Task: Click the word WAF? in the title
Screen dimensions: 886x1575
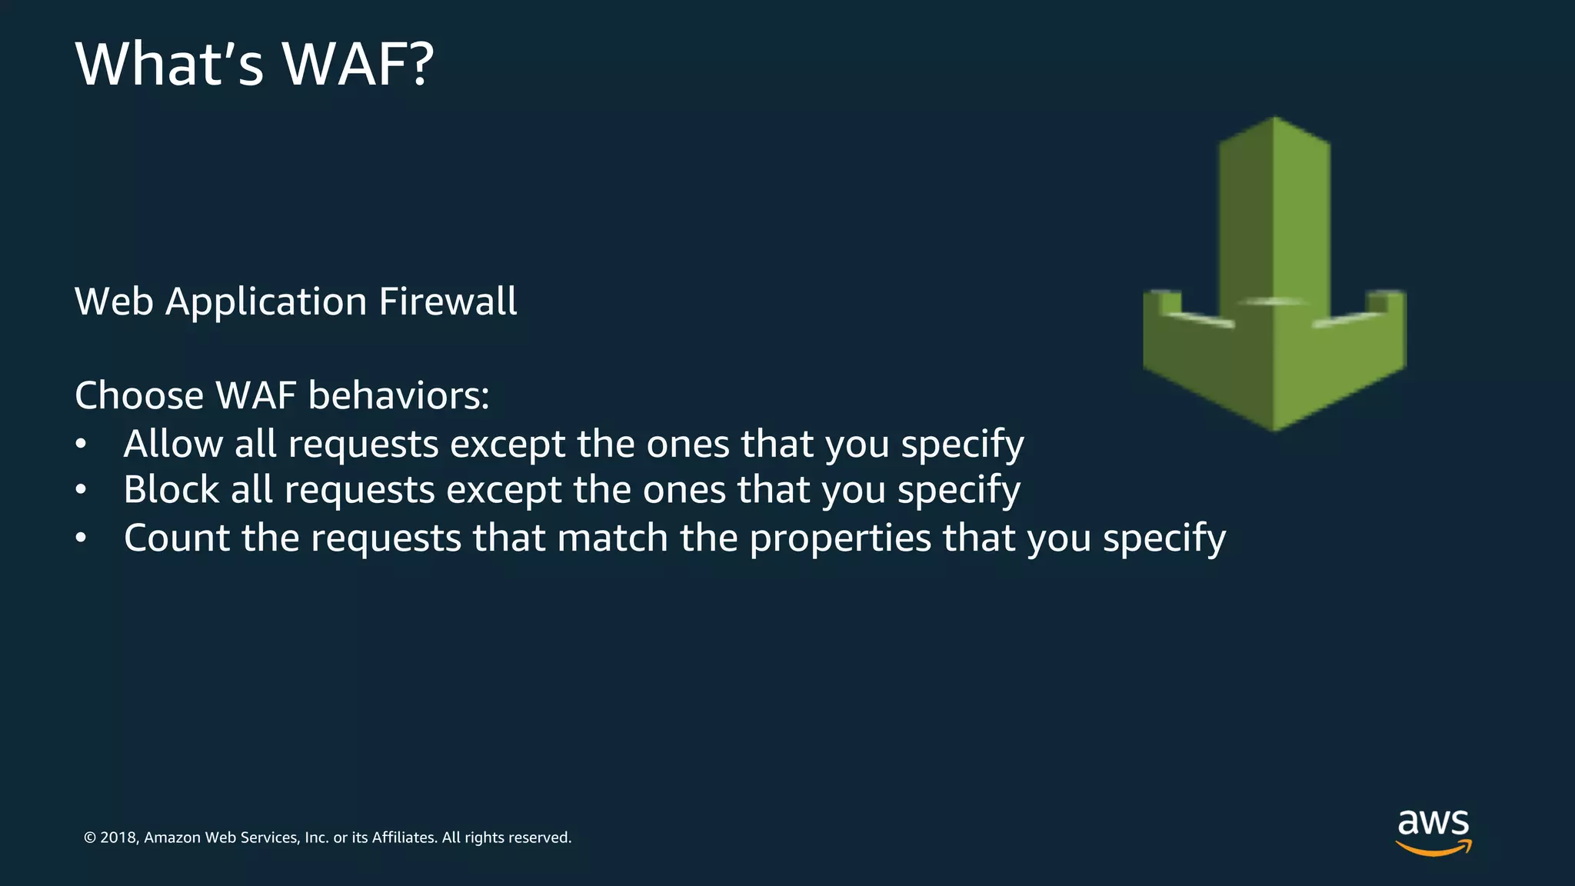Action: (358, 64)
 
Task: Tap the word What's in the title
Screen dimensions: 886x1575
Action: (170, 64)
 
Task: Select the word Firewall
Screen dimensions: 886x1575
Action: (448, 301)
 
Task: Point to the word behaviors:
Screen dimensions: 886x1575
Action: (398, 395)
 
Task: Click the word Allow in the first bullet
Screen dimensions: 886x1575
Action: (173, 444)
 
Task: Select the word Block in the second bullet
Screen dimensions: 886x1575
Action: (171, 490)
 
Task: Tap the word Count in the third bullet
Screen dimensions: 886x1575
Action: (177, 538)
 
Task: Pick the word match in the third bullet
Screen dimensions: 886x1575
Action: (612, 538)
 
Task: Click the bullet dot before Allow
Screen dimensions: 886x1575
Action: (82, 445)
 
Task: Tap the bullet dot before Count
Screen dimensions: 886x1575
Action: (82, 538)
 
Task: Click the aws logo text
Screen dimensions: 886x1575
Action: (1433, 822)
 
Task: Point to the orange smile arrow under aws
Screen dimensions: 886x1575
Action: (1433, 848)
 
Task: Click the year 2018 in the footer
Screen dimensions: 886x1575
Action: (118, 838)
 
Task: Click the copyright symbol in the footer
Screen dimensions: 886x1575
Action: (90, 838)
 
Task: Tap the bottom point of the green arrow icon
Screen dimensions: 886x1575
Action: (1274, 427)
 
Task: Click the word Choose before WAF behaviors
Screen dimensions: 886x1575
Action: (139, 395)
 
